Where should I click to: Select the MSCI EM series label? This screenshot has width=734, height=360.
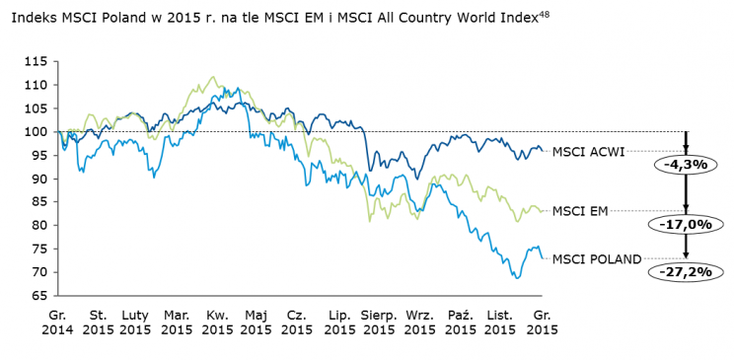[x=579, y=210]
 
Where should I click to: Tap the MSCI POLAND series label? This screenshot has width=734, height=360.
[x=597, y=259]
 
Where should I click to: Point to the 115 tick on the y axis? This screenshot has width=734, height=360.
[x=37, y=61]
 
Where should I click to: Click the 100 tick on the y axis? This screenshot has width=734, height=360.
[x=37, y=131]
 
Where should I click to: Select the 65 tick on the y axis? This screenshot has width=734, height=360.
[x=39, y=295]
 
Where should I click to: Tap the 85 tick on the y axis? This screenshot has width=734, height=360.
[x=39, y=201]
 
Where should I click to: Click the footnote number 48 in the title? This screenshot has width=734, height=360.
[x=543, y=12]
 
